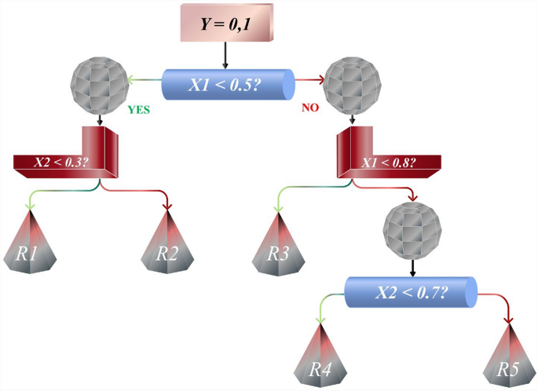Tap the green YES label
click(x=138, y=111)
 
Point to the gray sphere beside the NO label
click(x=352, y=82)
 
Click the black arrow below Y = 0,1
click(x=225, y=57)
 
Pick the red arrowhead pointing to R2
click(x=167, y=206)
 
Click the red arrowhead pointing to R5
click(x=511, y=318)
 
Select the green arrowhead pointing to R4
click(x=318, y=319)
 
